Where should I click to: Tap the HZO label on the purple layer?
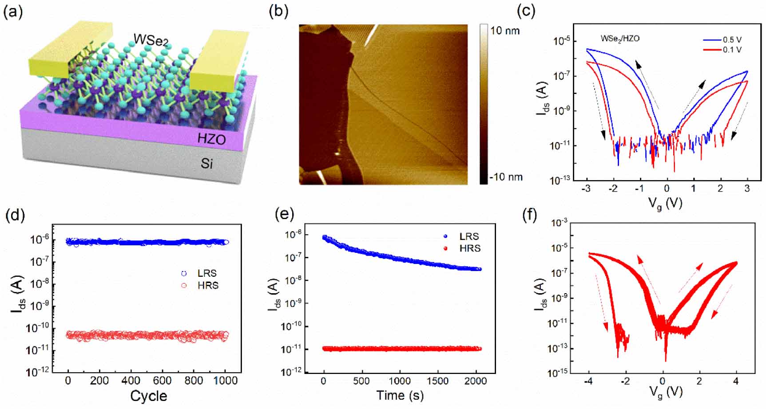point(211,139)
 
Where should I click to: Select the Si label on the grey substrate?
point(206,164)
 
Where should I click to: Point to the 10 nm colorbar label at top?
point(505,31)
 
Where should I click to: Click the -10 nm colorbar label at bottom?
point(506,177)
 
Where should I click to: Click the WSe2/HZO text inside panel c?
point(620,39)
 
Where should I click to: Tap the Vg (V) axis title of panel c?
point(665,203)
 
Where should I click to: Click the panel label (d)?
point(15,215)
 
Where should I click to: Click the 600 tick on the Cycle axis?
point(162,381)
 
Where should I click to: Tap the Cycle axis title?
point(149,396)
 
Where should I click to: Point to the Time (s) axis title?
point(400,395)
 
